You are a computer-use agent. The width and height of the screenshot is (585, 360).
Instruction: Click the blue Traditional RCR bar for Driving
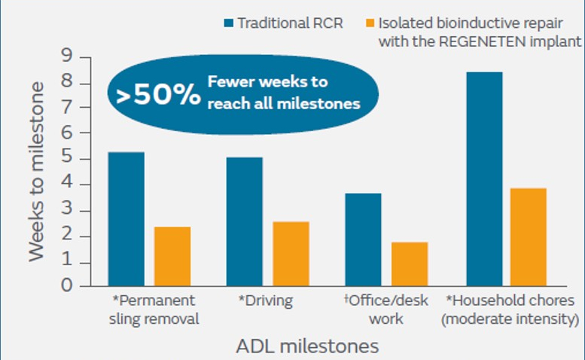pos(245,221)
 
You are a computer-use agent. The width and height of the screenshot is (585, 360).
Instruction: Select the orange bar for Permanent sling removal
pos(172,256)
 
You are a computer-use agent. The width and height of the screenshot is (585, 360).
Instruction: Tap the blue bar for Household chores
pos(484,178)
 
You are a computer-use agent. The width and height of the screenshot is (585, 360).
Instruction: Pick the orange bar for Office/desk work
pos(410,264)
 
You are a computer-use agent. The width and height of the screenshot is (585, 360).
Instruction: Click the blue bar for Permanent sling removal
pos(126,218)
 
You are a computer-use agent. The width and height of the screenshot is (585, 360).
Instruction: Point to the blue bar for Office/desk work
pos(364,239)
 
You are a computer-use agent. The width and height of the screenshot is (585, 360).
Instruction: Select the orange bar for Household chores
pos(528,236)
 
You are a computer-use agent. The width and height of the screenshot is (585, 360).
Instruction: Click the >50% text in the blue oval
pos(158,95)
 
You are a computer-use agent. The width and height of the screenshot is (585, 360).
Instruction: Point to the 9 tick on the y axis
pos(66,57)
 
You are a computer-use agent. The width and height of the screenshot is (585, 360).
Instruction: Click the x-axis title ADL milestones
pos(307,346)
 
